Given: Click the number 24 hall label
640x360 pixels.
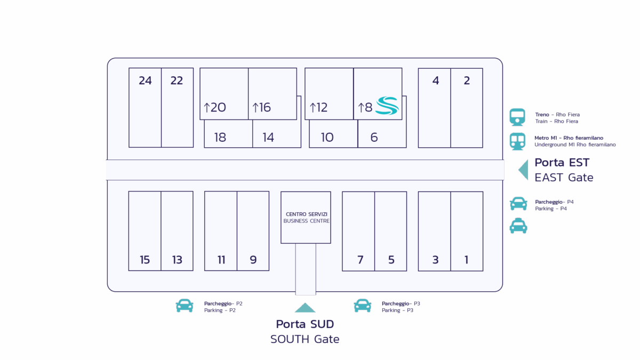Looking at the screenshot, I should click(145, 81).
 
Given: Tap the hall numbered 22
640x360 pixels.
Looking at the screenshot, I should click(177, 81).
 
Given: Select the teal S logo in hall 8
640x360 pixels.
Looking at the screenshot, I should click(387, 106).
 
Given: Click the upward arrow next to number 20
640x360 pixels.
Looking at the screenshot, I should click(207, 108).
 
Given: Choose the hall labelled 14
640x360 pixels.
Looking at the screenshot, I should click(268, 138).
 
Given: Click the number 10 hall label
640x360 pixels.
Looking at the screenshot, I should click(327, 138).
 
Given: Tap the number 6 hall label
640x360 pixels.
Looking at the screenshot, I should click(374, 138).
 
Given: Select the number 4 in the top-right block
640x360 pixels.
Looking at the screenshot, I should click(436, 81).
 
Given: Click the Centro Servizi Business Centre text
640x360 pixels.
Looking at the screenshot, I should click(306, 218).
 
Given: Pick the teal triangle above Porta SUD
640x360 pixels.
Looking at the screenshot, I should click(305, 308).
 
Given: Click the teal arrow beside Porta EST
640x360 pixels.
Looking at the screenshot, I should click(524, 170).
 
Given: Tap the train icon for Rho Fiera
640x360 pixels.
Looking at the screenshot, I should click(517, 117).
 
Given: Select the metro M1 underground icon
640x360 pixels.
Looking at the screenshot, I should click(517, 141).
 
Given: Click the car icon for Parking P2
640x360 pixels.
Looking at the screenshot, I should click(185, 306).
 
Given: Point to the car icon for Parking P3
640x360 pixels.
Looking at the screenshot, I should click(362, 306).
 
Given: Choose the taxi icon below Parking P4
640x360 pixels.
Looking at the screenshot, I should click(518, 226).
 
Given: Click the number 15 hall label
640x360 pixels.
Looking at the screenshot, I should click(145, 260).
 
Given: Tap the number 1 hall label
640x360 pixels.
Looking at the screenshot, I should click(467, 260).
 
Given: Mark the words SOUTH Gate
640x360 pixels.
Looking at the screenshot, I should click(305, 339).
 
